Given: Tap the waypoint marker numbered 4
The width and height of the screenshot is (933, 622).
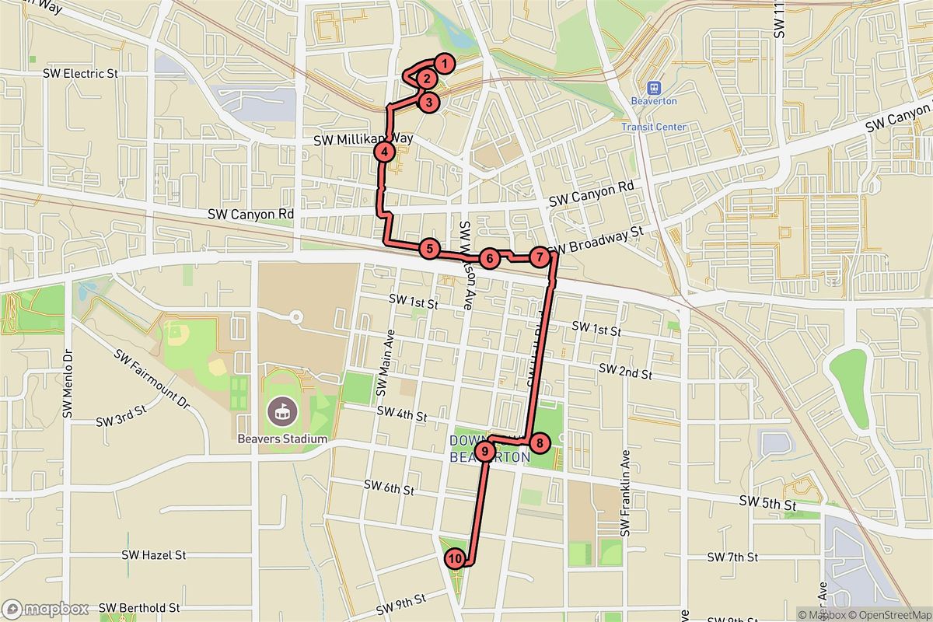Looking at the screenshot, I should point(383,152).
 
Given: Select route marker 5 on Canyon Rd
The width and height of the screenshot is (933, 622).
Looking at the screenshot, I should point(428,249).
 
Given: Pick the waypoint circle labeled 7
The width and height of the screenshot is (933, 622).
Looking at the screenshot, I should point(540,257).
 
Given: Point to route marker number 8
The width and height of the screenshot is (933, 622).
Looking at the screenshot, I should point(540,443).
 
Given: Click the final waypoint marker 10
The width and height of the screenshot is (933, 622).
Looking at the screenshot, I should point(456,557).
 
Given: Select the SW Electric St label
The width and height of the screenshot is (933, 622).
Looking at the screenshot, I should point(81,74).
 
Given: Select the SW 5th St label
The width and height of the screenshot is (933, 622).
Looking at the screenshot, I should point(768,504).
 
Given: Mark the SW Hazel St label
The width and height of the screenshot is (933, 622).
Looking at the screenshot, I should point(154,556).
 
